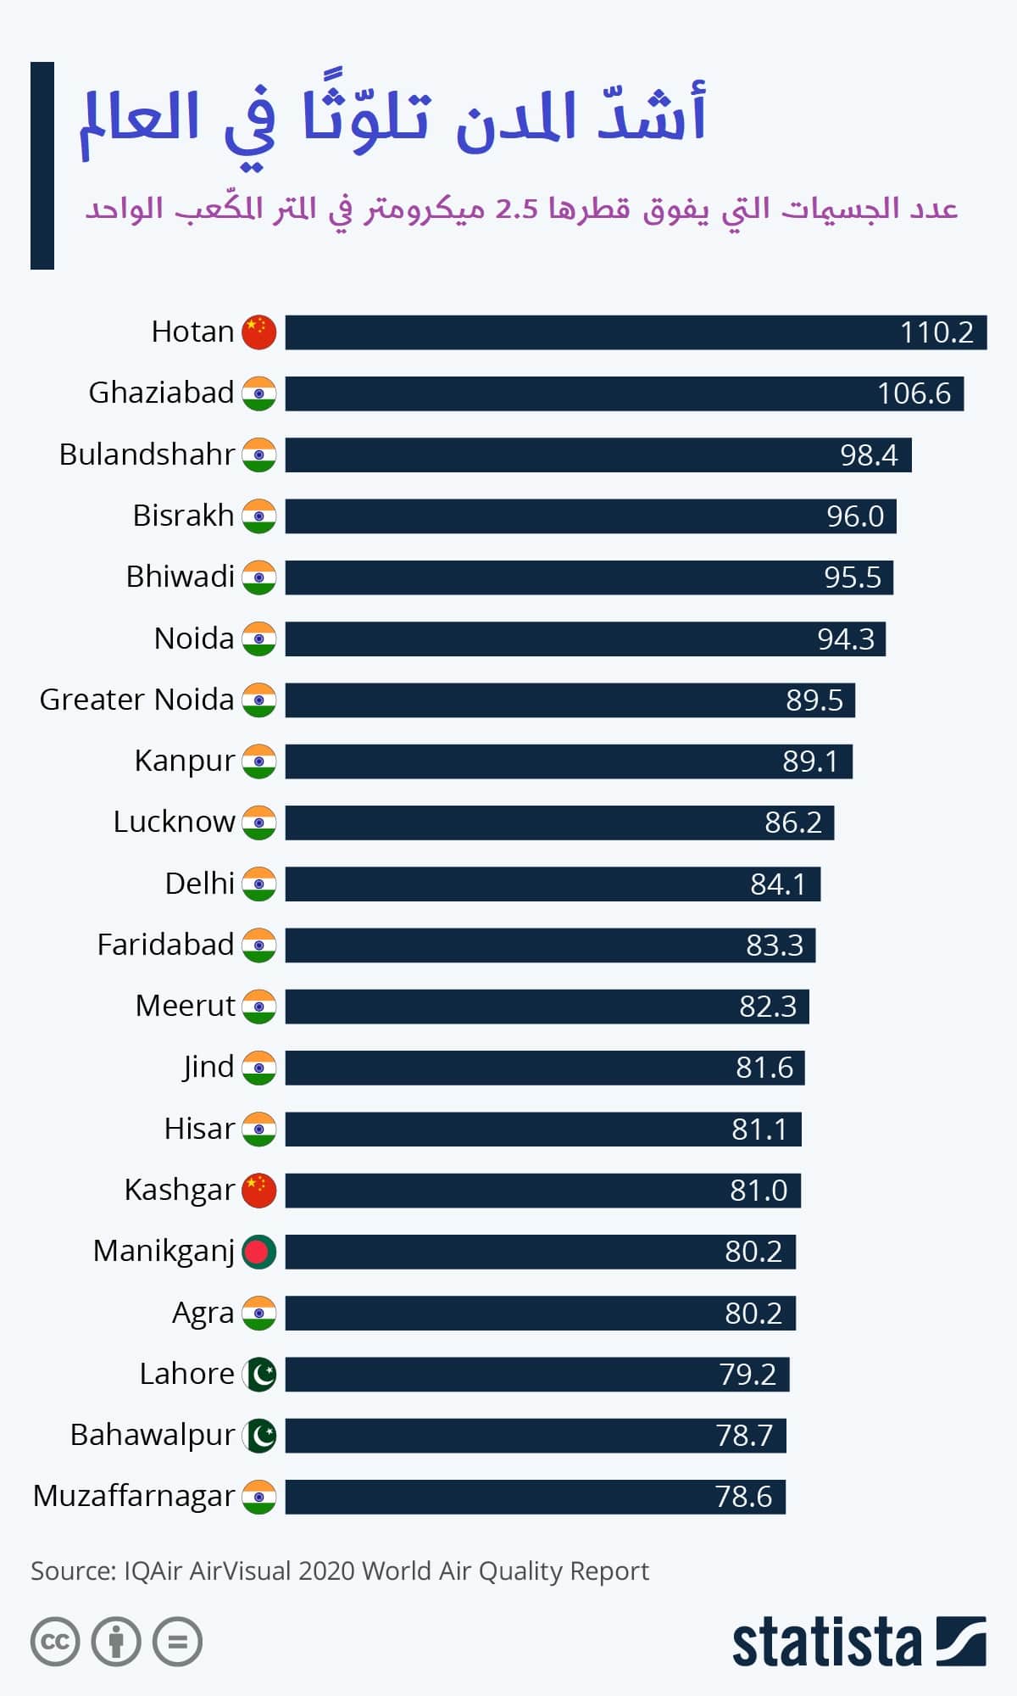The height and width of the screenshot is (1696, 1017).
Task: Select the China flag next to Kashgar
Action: coord(259,1191)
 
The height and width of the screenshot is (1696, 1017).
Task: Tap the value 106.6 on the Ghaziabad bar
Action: coord(914,393)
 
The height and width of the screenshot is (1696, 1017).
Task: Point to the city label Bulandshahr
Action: coord(146,455)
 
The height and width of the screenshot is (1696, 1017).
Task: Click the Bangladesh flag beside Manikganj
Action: coord(259,1252)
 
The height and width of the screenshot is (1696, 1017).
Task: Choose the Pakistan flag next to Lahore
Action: coord(259,1374)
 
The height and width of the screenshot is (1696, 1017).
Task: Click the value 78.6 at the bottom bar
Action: coord(743,1497)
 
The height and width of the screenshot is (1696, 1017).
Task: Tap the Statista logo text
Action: coord(826,1643)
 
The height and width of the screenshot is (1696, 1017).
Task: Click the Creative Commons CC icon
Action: coord(55,1642)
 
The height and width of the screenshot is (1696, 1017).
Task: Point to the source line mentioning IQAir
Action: coord(339,1570)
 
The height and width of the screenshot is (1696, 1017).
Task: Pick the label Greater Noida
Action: coord(136,700)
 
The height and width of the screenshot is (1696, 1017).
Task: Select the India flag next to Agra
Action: coord(259,1313)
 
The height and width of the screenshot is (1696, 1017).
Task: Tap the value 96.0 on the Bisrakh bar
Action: coord(855,516)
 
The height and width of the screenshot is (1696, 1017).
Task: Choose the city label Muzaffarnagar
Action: coord(133,1496)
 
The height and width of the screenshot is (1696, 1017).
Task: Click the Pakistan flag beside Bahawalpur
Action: coord(259,1435)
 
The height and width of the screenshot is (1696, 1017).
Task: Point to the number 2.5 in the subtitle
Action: coord(516,209)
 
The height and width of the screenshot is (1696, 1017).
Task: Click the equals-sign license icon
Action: coord(178,1642)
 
